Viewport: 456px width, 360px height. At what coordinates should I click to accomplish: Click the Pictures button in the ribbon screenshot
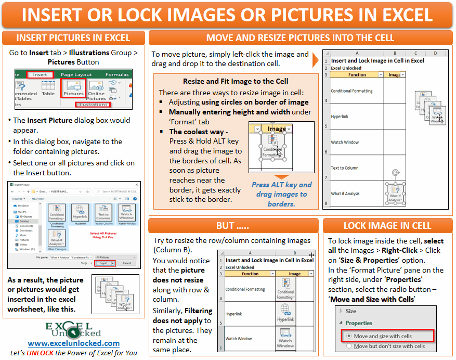(x=73, y=87)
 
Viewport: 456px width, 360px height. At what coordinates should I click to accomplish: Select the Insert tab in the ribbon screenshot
(x=40, y=74)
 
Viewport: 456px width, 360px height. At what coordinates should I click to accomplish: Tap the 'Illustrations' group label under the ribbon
(x=93, y=105)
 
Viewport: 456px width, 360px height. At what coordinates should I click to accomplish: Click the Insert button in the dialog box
(x=104, y=264)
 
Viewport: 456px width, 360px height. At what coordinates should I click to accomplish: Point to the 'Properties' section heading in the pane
(x=359, y=323)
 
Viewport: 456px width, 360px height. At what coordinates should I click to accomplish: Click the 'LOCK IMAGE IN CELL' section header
(x=387, y=225)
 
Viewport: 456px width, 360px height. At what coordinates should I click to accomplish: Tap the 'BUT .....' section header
(x=232, y=225)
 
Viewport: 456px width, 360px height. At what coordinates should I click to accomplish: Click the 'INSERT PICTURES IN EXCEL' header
(x=73, y=38)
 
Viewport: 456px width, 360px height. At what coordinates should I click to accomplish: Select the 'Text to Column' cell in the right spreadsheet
(x=345, y=168)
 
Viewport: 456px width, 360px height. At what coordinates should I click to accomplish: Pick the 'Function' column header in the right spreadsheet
(x=357, y=74)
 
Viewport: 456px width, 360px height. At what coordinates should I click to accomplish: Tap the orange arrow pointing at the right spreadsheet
(x=316, y=60)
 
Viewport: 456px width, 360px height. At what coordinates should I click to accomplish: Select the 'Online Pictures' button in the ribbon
(x=96, y=89)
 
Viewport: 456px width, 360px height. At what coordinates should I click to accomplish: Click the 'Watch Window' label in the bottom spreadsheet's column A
(x=239, y=339)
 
